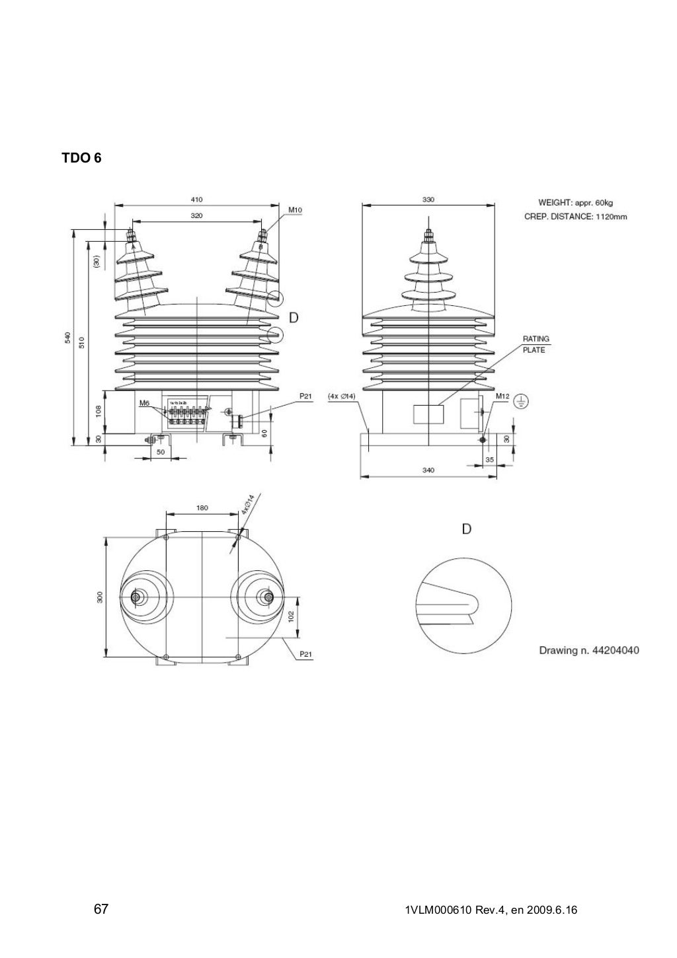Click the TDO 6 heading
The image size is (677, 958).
click(81, 159)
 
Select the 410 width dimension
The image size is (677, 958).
click(197, 198)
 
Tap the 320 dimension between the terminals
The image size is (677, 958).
click(197, 215)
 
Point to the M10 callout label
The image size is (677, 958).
click(295, 210)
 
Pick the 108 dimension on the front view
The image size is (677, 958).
click(98, 412)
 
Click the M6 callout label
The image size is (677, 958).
click(145, 402)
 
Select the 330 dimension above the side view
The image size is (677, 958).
click(428, 198)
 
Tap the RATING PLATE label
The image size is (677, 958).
click(535, 344)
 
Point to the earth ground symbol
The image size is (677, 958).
click(521, 400)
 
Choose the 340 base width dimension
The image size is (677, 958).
click(428, 470)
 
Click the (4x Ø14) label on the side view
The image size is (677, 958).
click(342, 396)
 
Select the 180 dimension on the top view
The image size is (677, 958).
click(202, 508)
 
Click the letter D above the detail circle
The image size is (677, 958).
click(467, 530)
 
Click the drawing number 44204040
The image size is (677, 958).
click(589, 650)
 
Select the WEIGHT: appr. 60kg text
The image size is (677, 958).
click(575, 202)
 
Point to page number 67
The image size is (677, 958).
click(100, 909)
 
